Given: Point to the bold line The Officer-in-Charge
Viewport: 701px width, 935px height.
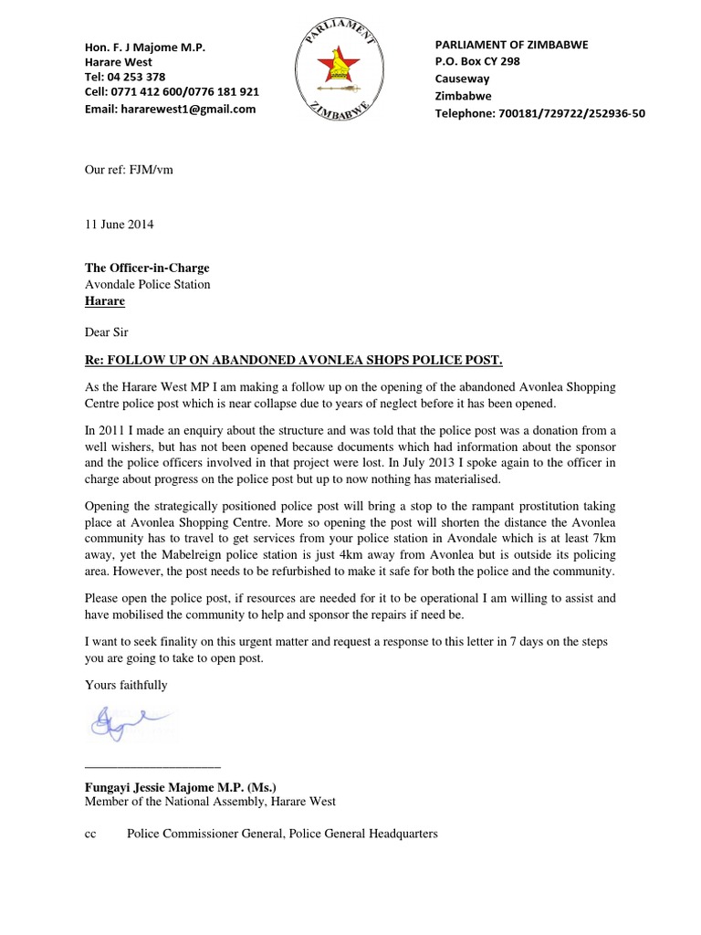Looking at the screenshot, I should (x=147, y=268).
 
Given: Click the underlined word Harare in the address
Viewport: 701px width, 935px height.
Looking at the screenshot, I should (x=105, y=300).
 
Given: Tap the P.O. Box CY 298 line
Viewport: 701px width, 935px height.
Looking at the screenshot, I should (x=477, y=62).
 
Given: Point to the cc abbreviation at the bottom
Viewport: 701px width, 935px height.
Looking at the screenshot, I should (x=90, y=834).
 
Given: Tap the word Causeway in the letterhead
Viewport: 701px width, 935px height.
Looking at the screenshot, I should (x=463, y=79).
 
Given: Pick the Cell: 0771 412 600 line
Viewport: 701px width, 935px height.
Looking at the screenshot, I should (x=172, y=92).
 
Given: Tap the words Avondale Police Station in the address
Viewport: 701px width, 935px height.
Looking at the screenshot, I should (x=147, y=284).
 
